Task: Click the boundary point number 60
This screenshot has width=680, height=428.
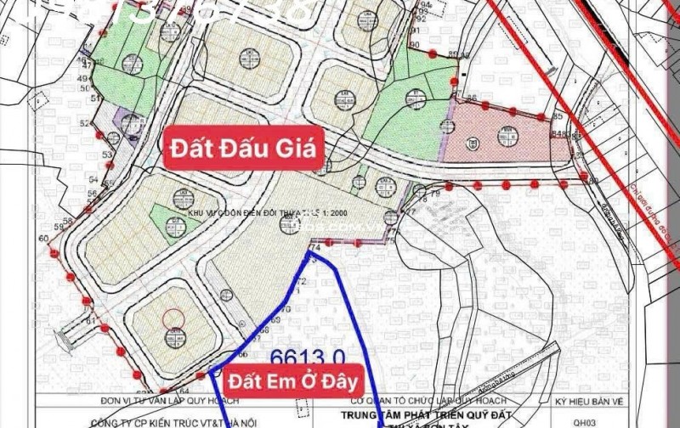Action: tap(43, 239)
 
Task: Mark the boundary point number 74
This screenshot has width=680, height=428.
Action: tap(315, 247)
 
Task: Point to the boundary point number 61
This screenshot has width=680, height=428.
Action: tap(89, 321)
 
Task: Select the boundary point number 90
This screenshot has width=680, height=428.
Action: tap(415, 44)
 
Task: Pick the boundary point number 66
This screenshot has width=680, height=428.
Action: tap(242, 353)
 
